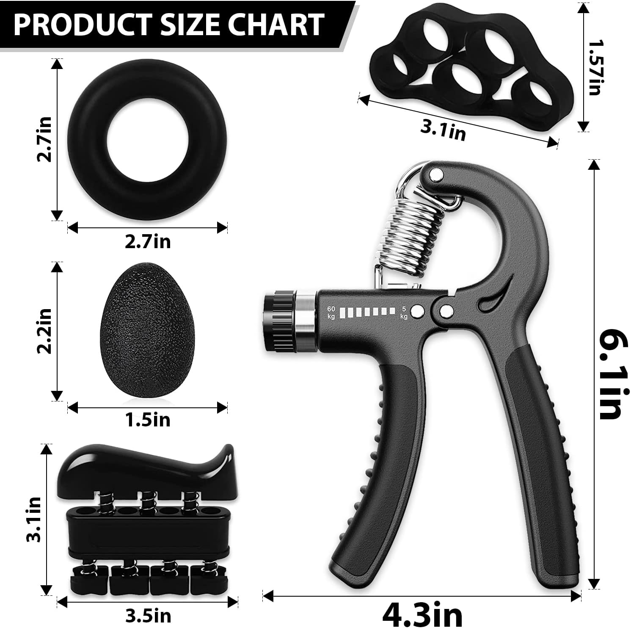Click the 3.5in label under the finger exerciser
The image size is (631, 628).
(x=148, y=616)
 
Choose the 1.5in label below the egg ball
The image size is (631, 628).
(x=148, y=420)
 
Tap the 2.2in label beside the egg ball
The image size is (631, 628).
(x=44, y=331)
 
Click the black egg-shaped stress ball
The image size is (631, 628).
(x=135, y=331)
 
